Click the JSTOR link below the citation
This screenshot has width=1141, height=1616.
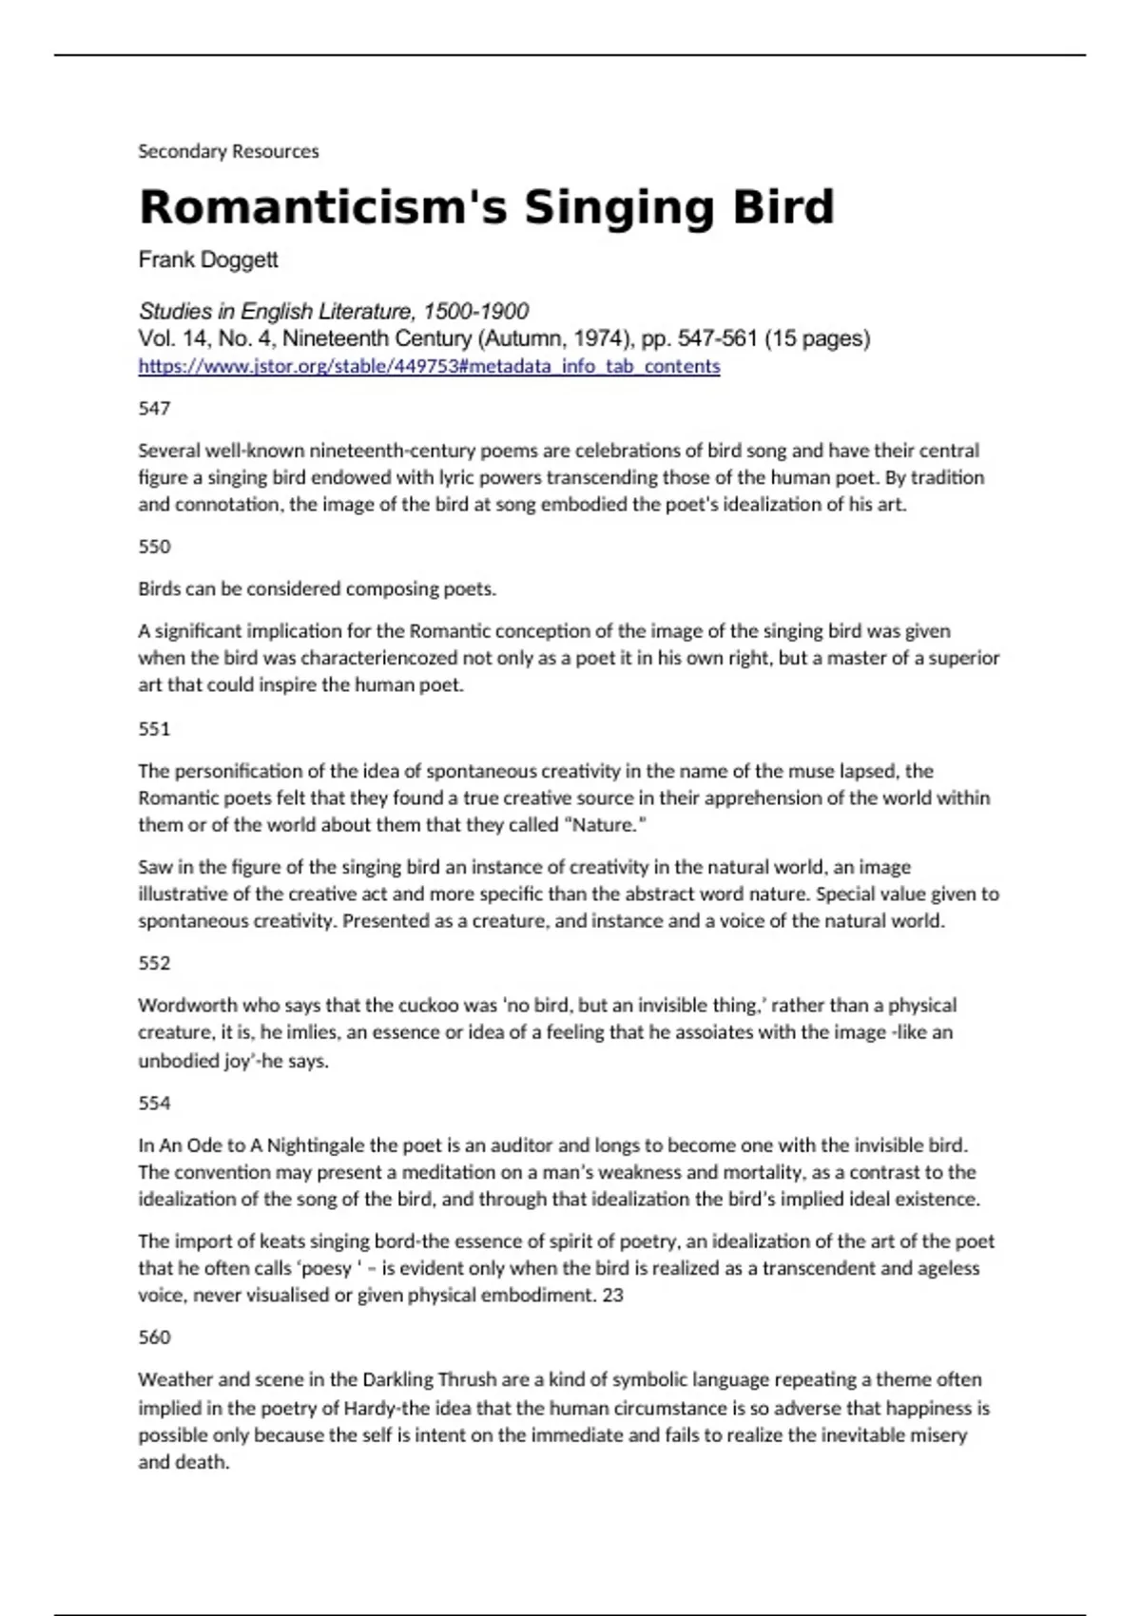pos(429,366)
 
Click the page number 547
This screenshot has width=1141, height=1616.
pos(154,409)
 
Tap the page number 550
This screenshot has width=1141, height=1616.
pos(154,547)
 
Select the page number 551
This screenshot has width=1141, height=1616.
pos(154,729)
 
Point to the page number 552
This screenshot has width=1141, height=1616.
pos(154,963)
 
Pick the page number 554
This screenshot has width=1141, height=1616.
pos(154,1104)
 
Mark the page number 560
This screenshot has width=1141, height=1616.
pos(154,1337)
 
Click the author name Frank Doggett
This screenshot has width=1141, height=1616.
pos(208,260)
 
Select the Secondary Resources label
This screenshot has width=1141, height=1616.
pos(228,151)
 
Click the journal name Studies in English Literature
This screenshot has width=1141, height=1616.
pos(276,311)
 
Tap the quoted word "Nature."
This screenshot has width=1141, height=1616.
pos(606,825)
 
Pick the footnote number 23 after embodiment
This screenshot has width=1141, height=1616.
pos(612,1295)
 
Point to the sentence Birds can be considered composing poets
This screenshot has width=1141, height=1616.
pos(317,588)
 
